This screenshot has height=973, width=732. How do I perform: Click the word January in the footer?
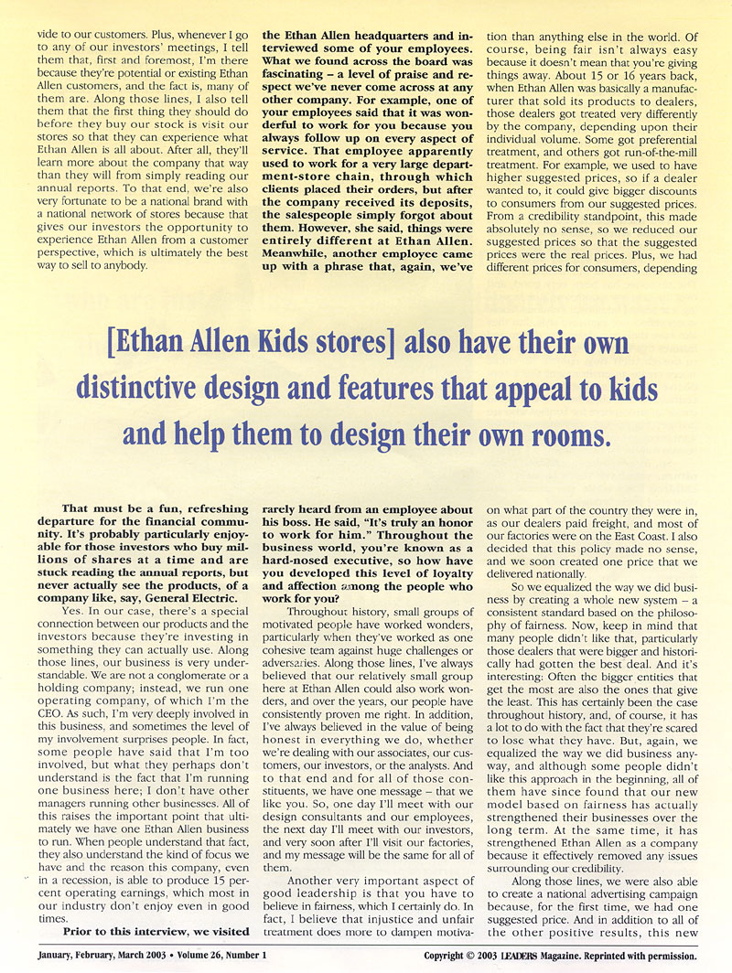61,956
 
